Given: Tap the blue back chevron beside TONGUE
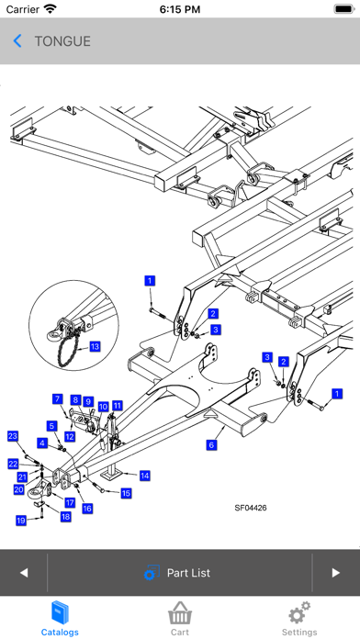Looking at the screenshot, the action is pyautogui.click(x=17, y=41).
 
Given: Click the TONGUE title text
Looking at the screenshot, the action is pyautogui.click(x=62, y=41).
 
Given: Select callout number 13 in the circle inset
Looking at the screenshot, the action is pyautogui.click(x=95, y=346).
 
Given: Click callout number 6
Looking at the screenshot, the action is pyautogui.click(x=211, y=445).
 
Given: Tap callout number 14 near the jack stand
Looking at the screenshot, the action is pyautogui.click(x=145, y=476).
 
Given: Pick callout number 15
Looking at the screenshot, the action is pyautogui.click(x=126, y=493).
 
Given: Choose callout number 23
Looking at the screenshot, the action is pyautogui.click(x=13, y=436).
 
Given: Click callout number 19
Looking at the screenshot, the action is pyautogui.click(x=21, y=520).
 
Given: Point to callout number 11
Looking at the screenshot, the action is pyautogui.click(x=118, y=406).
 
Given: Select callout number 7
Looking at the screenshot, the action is pyautogui.click(x=58, y=399).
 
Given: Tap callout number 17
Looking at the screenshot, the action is pyautogui.click(x=70, y=502).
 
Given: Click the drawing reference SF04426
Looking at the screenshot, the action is pyautogui.click(x=251, y=508).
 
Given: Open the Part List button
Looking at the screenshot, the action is pyautogui.click(x=177, y=573).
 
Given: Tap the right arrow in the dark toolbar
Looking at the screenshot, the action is pyautogui.click(x=335, y=573).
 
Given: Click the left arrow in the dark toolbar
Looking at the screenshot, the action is pyautogui.click(x=24, y=573).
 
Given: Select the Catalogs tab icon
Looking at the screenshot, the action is pyautogui.click(x=60, y=613).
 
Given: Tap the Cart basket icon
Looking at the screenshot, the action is pyautogui.click(x=180, y=613).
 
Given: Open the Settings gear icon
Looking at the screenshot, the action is pyautogui.click(x=299, y=612).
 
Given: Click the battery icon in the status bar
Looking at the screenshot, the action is pyautogui.click(x=344, y=9).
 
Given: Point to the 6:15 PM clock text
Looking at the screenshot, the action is pyautogui.click(x=180, y=9).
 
